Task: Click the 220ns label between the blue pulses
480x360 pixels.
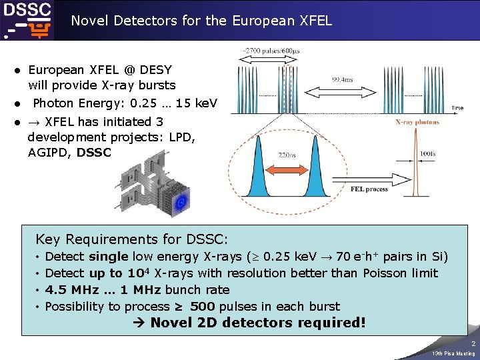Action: (287, 155)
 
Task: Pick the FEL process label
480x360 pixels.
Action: (369, 189)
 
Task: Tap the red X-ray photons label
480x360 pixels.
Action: (417, 122)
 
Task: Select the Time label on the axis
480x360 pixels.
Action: (457, 107)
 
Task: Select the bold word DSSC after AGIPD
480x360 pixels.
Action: (94, 152)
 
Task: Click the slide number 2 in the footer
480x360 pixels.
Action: (473, 343)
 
